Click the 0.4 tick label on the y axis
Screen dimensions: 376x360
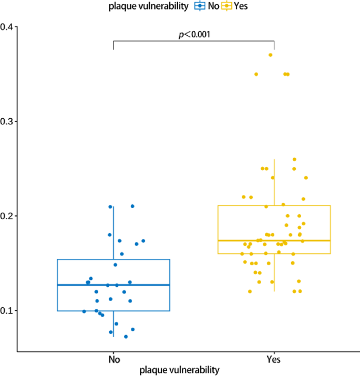tap(7, 27)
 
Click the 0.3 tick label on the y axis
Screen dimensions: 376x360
tap(7, 121)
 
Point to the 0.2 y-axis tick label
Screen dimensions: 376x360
tap(7, 216)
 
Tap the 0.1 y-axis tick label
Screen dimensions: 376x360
tap(7, 310)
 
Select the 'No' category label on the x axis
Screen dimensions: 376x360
tap(114, 360)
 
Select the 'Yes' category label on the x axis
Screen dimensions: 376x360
tap(274, 360)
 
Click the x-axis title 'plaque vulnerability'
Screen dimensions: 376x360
tap(179, 370)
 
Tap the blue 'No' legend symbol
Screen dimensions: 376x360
tap(200, 6)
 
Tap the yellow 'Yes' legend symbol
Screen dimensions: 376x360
tap(227, 6)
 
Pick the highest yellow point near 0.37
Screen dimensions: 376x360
tap(271, 55)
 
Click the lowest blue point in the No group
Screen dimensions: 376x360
tap(126, 337)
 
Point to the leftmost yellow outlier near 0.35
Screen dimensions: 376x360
tap(256, 74)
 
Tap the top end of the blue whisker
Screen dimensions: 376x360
tap(114, 207)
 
